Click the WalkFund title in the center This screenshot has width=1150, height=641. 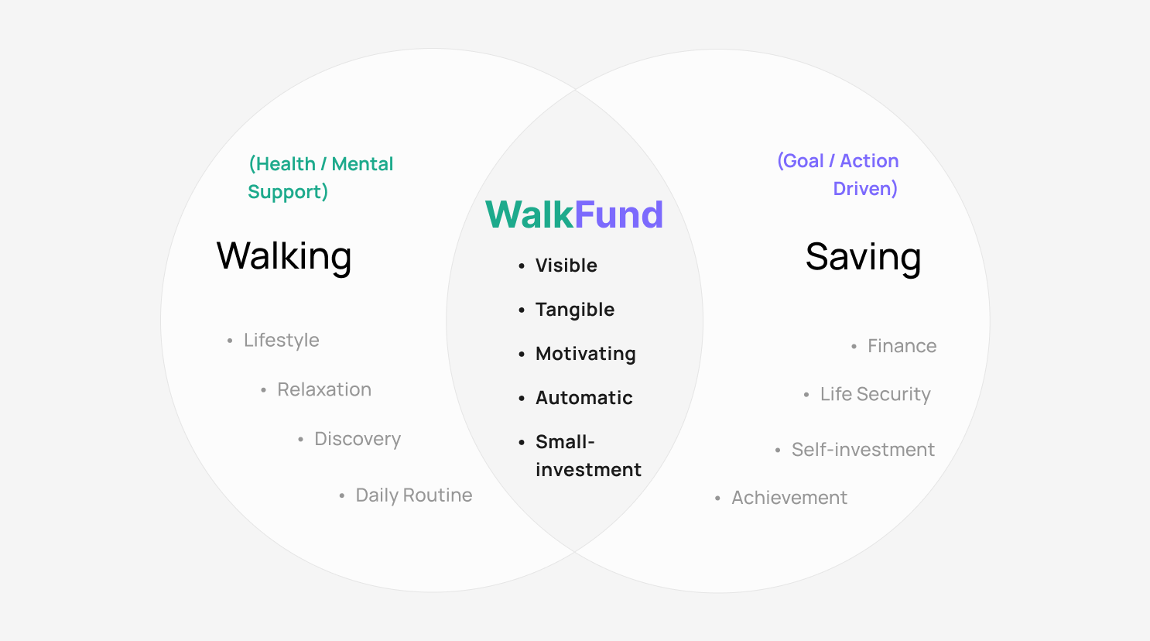(574, 214)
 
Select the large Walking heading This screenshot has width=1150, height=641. (284, 257)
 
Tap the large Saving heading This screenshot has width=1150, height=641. (863, 258)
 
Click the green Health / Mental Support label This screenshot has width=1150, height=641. (320, 178)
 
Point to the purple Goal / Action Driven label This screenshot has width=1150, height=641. (838, 175)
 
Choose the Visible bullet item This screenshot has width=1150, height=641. (566, 266)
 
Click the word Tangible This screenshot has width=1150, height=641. (575, 310)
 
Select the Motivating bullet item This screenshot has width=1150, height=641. (586, 354)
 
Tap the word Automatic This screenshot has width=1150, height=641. (584, 398)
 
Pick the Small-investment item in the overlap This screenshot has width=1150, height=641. (588, 455)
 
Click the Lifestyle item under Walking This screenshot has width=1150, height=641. (282, 341)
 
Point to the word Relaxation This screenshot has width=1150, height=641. (324, 390)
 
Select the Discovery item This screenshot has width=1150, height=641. (358, 439)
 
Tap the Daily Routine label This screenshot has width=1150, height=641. (414, 495)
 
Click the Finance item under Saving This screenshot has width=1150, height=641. (902, 346)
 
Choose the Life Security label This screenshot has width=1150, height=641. (875, 395)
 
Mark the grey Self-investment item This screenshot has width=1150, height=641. (863, 450)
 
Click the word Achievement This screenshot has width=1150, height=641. (789, 498)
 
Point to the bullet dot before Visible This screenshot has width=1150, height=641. (522, 266)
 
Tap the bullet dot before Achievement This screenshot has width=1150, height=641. (717, 499)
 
